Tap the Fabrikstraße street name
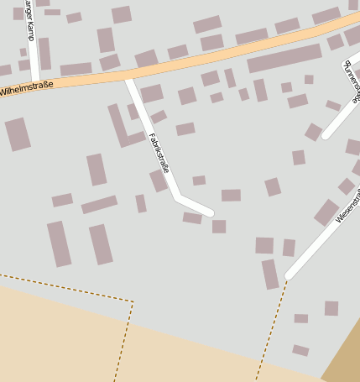click(x=159, y=153)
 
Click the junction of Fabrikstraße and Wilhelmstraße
click(x=128, y=78)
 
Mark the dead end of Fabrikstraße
click(x=209, y=212)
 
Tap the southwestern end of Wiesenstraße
click(x=289, y=275)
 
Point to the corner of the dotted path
click(x=133, y=301)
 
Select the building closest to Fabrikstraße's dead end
click(x=219, y=226)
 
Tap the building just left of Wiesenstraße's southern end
click(x=269, y=274)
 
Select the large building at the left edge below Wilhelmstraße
click(x=17, y=133)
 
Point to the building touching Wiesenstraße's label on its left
click(x=326, y=212)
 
